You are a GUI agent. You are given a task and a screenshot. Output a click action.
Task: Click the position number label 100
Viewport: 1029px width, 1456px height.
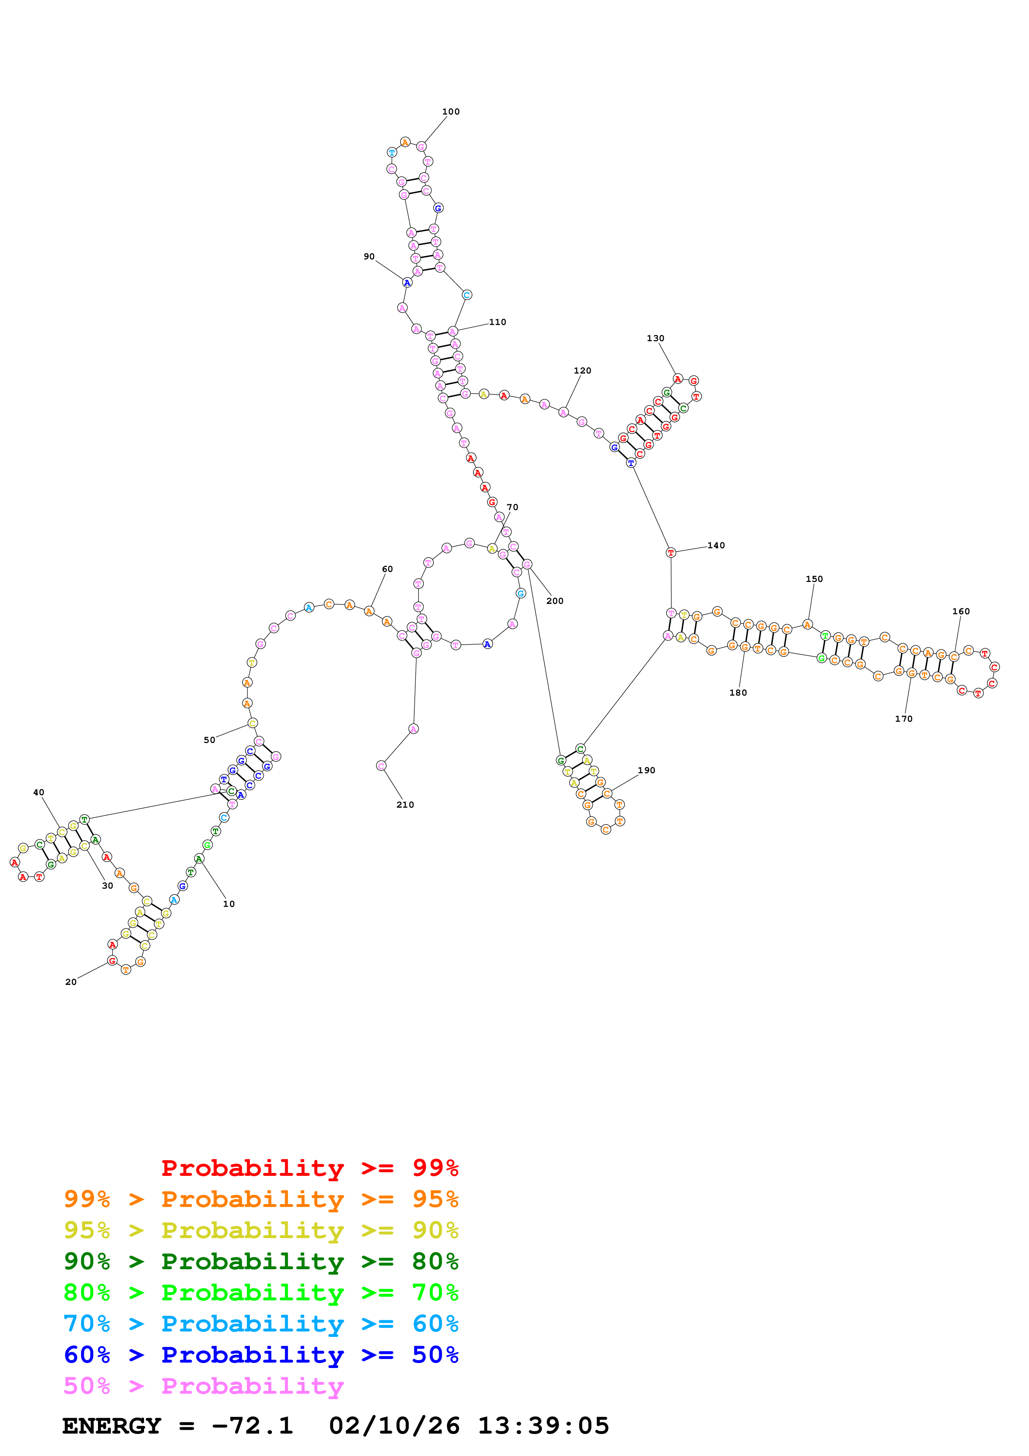point(451,112)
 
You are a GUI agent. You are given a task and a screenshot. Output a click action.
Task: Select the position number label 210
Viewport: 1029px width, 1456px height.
point(405,805)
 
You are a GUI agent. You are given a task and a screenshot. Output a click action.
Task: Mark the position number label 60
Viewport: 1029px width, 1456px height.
point(387,569)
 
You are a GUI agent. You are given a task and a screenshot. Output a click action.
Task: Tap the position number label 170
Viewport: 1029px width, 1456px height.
point(904,718)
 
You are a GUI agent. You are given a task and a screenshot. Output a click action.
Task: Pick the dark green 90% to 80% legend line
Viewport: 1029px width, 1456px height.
point(261,1261)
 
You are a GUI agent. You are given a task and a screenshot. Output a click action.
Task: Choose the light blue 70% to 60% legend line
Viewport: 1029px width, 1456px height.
point(261,1324)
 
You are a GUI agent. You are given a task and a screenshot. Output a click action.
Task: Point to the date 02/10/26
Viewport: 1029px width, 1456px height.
point(394,1426)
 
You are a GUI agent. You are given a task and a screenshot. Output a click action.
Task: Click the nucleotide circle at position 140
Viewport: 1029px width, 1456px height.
point(671,552)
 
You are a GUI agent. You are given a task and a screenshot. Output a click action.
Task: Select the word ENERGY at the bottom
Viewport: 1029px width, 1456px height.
point(112,1426)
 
